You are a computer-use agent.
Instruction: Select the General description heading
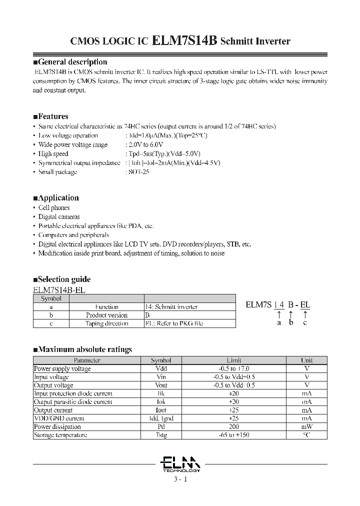pos(69,62)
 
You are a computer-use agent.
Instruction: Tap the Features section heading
pos(50,116)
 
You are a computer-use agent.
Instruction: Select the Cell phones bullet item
pos(54,207)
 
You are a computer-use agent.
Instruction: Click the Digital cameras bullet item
pos(59,216)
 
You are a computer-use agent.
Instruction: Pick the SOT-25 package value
pos(138,172)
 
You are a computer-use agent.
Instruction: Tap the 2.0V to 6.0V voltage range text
pos(146,144)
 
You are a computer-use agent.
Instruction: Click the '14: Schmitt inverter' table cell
pos(171,307)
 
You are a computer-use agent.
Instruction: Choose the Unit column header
pos(306,360)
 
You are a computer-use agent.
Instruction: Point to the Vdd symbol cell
pos(161,368)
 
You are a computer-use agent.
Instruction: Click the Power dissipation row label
pos(57,426)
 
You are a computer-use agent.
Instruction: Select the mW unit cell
pos(306,426)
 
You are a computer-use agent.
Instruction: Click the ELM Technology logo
pos(181,463)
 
